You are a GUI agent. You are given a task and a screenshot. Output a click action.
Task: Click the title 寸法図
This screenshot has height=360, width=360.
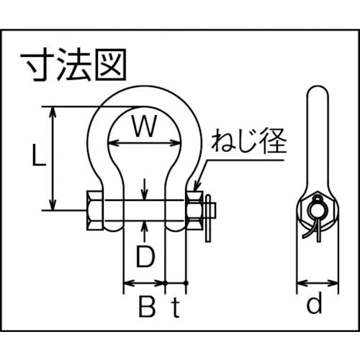point(73,64)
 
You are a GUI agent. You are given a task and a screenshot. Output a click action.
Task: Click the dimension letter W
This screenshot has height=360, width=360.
point(144,126)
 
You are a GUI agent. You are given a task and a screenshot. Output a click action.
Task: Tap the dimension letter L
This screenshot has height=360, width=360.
point(39,155)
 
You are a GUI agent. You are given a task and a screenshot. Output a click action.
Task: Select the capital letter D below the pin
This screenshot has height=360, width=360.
point(145,257)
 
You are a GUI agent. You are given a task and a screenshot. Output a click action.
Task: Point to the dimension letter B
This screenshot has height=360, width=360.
point(147,307)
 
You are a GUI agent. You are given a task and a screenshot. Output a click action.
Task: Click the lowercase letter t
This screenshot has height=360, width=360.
point(176,307)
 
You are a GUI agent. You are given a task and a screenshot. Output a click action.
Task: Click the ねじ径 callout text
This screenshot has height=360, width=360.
point(249,141)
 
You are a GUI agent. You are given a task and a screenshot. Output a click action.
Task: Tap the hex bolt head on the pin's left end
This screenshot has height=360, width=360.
point(95,210)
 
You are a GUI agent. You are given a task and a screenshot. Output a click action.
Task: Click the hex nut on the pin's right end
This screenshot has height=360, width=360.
point(194,210)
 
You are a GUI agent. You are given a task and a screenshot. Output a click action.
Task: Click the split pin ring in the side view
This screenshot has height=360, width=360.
point(318,208)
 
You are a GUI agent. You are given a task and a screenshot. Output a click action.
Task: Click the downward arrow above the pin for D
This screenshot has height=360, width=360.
point(144,189)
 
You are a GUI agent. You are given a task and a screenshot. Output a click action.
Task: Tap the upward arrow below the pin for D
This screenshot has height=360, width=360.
point(144,231)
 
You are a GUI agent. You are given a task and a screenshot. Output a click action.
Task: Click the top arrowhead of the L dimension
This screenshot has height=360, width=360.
point(53,112)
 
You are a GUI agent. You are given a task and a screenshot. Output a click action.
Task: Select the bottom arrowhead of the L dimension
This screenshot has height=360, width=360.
point(53,205)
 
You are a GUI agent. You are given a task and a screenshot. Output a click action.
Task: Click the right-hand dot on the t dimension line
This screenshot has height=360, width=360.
point(186,283)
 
